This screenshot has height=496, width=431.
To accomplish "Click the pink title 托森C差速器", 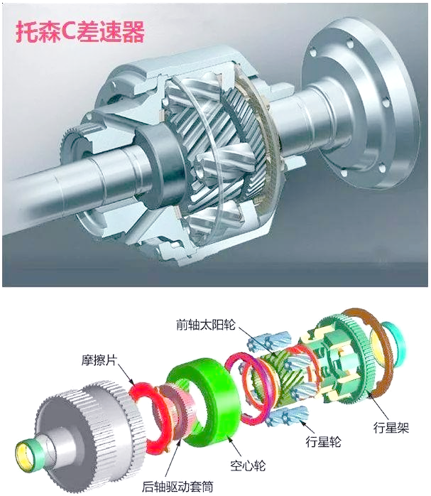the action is pos(80,32).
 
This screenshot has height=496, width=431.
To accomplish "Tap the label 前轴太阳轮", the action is pos(206,325).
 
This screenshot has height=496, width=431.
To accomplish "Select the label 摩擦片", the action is pos(99,360).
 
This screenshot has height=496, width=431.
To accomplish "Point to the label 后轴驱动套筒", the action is pos(178,486).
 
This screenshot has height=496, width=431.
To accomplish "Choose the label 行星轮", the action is pos(323,441).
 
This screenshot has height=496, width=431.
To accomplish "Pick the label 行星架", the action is pos(391,428).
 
